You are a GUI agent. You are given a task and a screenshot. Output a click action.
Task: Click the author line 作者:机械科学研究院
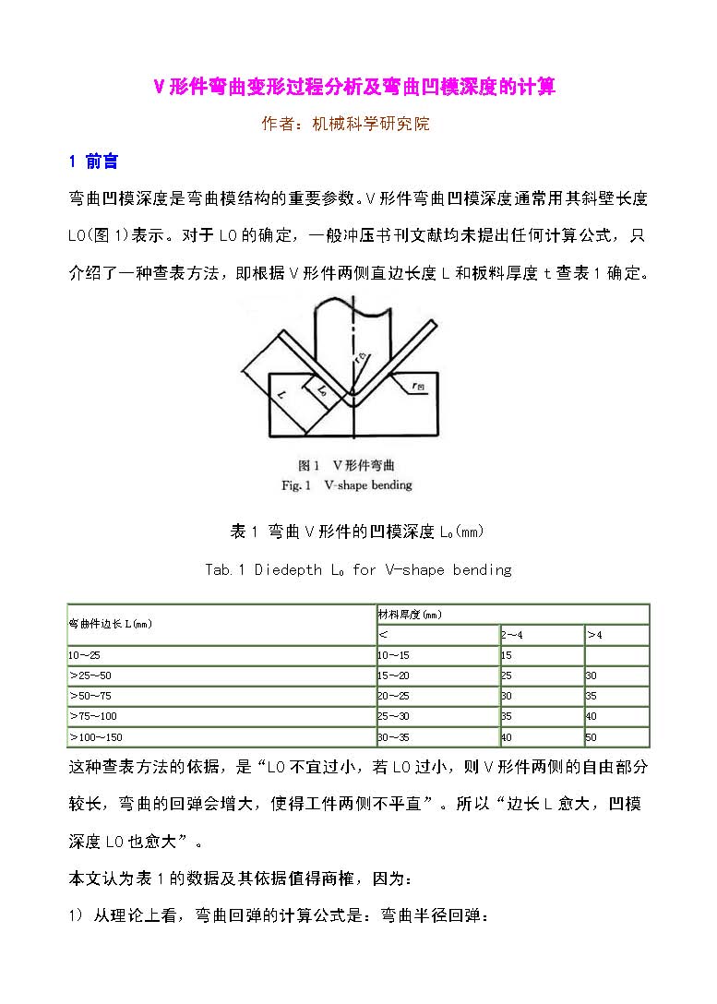click(x=345, y=125)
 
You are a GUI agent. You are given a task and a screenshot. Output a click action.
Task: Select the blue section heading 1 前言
click(x=93, y=161)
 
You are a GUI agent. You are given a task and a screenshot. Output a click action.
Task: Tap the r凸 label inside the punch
click(x=361, y=354)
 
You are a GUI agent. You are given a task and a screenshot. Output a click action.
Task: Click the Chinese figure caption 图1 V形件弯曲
click(x=346, y=465)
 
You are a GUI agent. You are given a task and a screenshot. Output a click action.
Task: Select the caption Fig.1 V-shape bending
click(x=346, y=484)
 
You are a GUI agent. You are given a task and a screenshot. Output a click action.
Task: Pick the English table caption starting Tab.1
click(x=357, y=569)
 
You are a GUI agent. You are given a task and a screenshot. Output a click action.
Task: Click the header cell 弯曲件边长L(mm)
click(x=110, y=625)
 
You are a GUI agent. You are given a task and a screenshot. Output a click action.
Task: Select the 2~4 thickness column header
click(x=512, y=635)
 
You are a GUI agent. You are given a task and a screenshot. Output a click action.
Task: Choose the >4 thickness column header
click(x=595, y=635)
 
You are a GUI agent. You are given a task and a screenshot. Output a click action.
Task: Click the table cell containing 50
click(x=592, y=737)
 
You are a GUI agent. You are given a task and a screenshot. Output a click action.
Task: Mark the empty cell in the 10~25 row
click(x=616, y=655)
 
